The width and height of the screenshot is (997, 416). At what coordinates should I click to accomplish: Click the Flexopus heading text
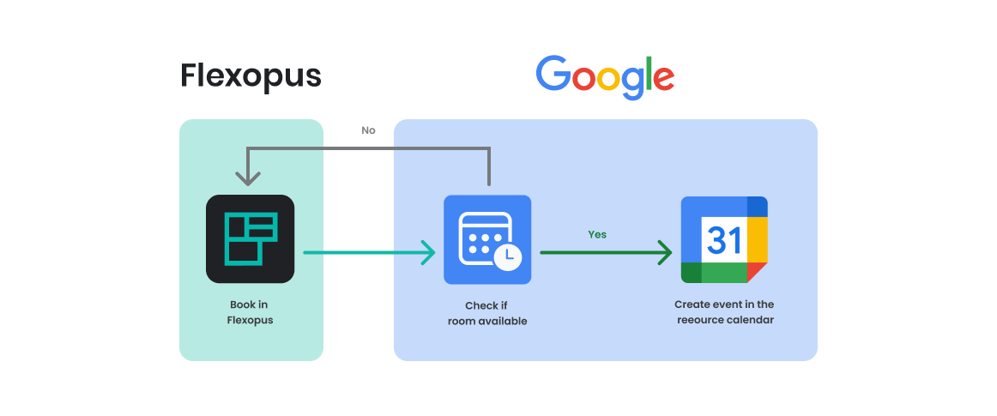click(251, 76)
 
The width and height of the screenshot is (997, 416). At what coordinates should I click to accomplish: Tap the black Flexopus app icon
click(250, 239)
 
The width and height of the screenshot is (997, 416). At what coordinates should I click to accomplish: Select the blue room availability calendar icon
click(487, 239)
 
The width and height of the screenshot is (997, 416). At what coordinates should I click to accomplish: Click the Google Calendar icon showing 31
click(724, 239)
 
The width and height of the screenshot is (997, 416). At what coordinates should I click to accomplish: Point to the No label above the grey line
click(368, 130)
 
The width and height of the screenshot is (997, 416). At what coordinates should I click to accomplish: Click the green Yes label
click(597, 234)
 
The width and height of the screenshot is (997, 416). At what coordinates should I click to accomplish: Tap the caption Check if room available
click(486, 313)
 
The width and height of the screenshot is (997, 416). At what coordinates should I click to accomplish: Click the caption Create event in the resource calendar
click(724, 313)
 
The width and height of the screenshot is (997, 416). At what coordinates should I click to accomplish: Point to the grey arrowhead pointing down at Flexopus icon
click(248, 178)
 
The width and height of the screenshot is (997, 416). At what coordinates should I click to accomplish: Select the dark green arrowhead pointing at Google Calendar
click(664, 252)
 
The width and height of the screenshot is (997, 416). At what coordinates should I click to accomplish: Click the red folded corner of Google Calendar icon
click(756, 272)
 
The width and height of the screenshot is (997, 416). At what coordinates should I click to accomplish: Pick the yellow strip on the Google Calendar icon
click(757, 239)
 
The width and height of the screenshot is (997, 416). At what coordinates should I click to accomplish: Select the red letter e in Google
click(662, 79)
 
